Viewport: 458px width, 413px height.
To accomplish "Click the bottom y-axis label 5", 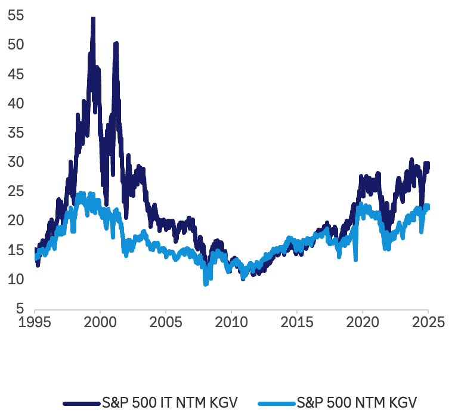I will coord(19,309).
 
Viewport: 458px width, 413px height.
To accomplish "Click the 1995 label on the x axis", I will coord(35,322).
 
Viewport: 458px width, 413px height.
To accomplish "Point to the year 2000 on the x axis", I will coord(100,322).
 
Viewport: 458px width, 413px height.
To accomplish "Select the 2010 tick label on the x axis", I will coord(231,322).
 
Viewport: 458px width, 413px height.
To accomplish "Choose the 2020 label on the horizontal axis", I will coord(363,322).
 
